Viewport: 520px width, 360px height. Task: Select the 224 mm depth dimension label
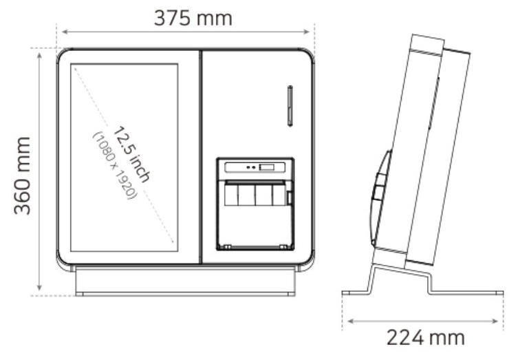coord(425,337)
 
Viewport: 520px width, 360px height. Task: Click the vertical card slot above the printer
coord(290,107)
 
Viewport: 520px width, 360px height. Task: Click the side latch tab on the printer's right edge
coord(290,198)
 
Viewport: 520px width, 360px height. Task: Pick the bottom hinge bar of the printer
coord(255,246)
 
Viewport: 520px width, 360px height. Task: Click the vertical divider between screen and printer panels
coord(200,156)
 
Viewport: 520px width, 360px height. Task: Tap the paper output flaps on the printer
coord(255,195)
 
